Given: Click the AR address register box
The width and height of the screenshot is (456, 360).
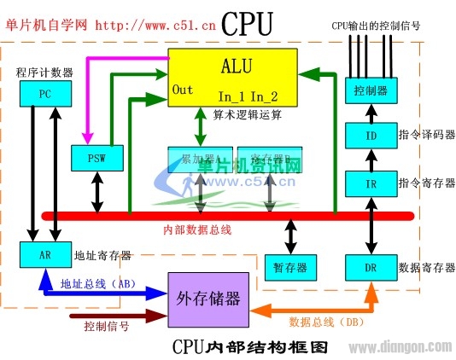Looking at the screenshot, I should (42, 255).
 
